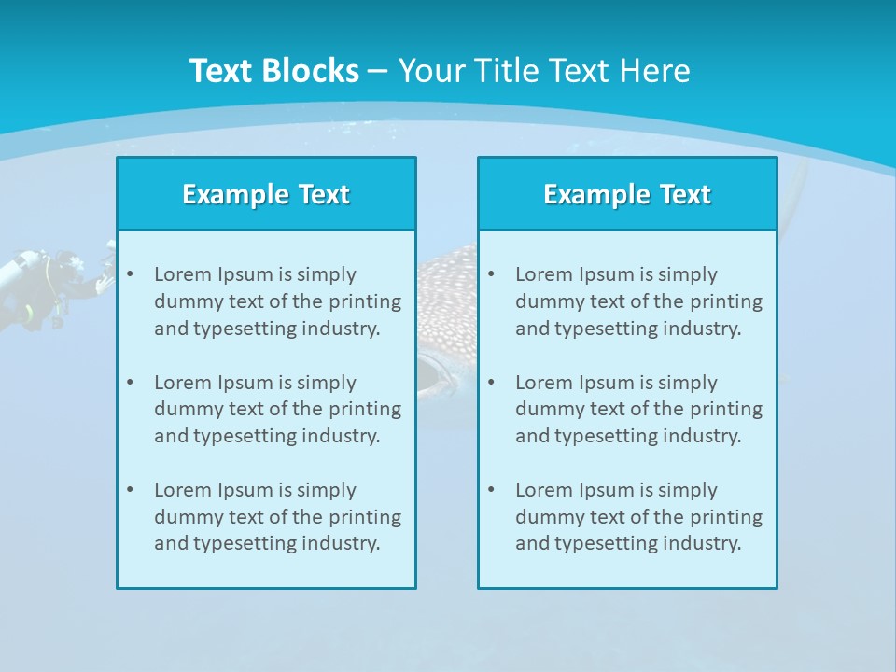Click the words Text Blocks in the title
point(273,71)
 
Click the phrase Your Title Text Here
point(544,71)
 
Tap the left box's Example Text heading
point(266,194)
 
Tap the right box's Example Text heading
point(627,194)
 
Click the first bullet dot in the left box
point(130,274)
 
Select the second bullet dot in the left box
point(130,383)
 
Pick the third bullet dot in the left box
point(130,490)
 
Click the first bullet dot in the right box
point(491,274)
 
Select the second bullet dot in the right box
point(491,383)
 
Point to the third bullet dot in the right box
point(491,490)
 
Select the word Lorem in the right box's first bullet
point(542,274)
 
